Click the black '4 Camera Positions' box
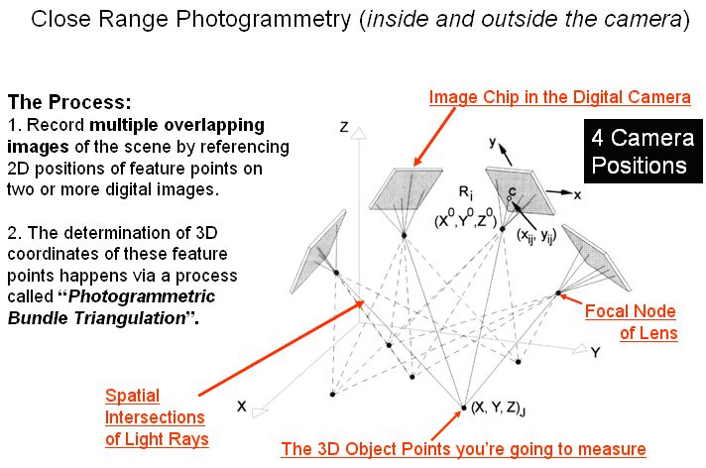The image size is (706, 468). [x=639, y=152]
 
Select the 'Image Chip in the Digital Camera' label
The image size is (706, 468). [x=559, y=97]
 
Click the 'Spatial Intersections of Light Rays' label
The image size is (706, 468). [x=155, y=416]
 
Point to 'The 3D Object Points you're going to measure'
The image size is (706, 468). [x=463, y=449]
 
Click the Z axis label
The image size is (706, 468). [x=343, y=127]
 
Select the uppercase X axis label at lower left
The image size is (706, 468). [x=241, y=407]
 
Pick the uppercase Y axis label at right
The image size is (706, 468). [x=595, y=352]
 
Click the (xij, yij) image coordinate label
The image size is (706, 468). [x=533, y=234]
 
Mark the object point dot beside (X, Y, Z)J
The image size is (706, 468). [x=463, y=407]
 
